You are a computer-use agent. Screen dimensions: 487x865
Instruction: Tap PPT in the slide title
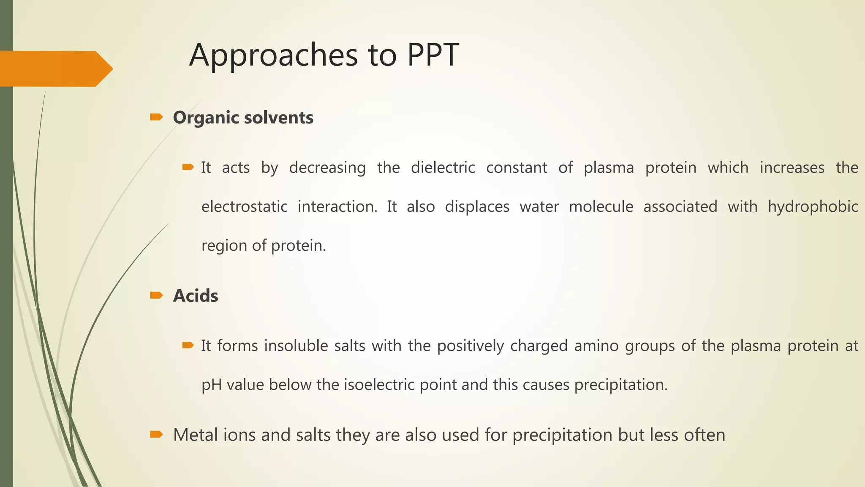(433, 55)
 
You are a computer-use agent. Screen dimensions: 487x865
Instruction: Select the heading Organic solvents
(243, 118)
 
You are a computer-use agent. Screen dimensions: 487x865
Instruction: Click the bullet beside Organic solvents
(156, 117)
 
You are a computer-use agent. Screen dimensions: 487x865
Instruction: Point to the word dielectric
(443, 167)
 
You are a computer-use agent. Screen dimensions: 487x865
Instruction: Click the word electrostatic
(244, 206)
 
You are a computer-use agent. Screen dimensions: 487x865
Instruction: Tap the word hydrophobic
(813, 206)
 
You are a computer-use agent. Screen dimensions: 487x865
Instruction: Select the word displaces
(477, 206)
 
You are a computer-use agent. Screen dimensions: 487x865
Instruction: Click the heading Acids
(196, 295)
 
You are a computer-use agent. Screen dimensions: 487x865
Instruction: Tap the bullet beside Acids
(156, 295)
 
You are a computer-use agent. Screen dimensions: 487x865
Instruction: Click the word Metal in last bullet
(195, 435)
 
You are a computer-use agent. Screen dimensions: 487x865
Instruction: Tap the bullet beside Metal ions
(156, 435)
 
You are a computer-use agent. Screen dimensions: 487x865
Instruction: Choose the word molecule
(601, 206)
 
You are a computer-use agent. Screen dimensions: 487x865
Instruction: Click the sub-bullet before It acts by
(188, 167)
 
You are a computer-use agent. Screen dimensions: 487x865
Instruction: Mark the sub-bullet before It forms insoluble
(188, 346)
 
